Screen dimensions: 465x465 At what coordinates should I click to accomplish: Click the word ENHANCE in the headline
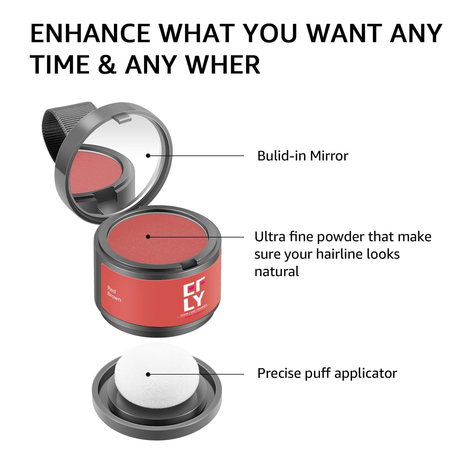[90, 33]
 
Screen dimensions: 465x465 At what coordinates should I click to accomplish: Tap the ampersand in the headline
[107, 65]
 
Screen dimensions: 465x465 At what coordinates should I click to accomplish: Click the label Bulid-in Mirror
[302, 156]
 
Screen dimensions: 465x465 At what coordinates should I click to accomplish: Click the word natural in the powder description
[276, 272]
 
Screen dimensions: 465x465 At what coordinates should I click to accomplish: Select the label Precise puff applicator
[327, 374]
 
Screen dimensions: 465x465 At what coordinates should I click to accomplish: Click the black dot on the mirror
[148, 155]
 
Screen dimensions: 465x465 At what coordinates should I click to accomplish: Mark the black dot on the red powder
[148, 237]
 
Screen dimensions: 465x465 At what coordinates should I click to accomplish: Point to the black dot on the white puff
[148, 374]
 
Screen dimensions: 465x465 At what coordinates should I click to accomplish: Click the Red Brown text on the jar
[114, 293]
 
